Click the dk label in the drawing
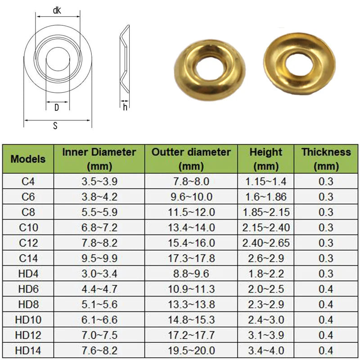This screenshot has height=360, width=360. coord(57,10)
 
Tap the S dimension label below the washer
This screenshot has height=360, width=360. coord(55,126)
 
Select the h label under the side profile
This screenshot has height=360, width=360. coord(125,107)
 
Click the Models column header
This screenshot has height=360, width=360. coord(28,159)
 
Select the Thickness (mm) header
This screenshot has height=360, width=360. coord(326,159)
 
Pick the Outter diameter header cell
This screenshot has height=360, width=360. coord(191,159)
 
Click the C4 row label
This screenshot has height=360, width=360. coord(28,182)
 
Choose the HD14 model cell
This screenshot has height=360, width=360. coord(28,350)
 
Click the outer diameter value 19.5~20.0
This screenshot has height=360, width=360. coord(191,350)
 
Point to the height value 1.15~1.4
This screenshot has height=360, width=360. coord(266,182)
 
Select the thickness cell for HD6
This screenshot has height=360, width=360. coord(326,289)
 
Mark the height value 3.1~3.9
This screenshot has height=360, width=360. coord(266,335)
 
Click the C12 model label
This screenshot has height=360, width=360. coord(28,243)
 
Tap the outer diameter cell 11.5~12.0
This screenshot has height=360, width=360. coord(191,212)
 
